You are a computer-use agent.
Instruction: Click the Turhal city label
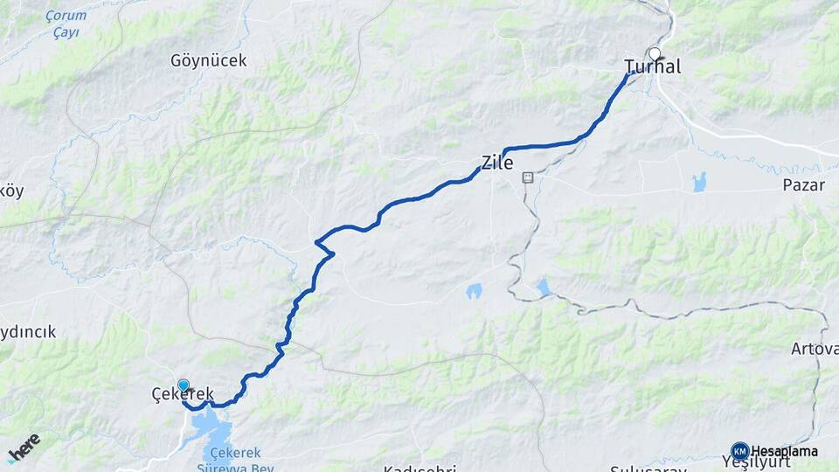653,67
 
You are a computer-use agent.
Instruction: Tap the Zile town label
496,162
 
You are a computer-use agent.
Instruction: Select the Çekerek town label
182,396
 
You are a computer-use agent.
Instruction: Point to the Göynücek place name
210,61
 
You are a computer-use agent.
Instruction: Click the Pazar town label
803,186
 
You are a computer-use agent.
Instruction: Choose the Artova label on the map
815,349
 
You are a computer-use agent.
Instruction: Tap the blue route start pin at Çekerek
184,385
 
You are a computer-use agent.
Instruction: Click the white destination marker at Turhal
654,53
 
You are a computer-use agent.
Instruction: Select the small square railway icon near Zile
527,177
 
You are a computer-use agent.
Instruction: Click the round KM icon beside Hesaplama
739,450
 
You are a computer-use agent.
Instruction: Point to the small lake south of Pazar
699,182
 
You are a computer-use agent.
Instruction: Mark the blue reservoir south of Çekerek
212,428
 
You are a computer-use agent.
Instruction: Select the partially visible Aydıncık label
28,332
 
